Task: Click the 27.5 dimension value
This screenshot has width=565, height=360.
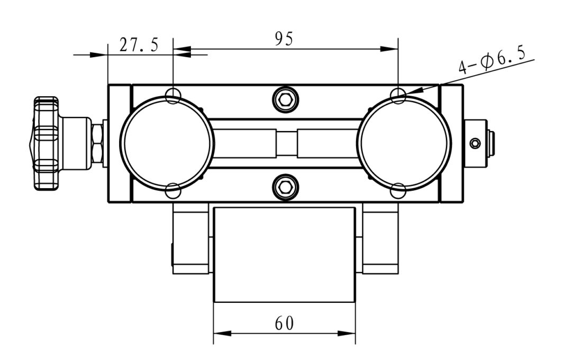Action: click(x=138, y=45)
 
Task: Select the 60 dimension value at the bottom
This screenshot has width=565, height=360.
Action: click(x=284, y=322)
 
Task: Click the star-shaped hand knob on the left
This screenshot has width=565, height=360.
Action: click(x=44, y=143)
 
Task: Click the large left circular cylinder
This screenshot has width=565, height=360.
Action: click(x=167, y=143)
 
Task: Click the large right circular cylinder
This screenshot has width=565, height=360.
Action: click(x=404, y=143)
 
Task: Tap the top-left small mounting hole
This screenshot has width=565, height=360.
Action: click(x=173, y=95)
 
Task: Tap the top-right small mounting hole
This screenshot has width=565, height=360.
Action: click(x=398, y=95)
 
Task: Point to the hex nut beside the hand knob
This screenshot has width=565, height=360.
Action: click(x=97, y=143)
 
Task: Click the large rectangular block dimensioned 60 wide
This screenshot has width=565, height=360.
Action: click(x=284, y=254)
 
